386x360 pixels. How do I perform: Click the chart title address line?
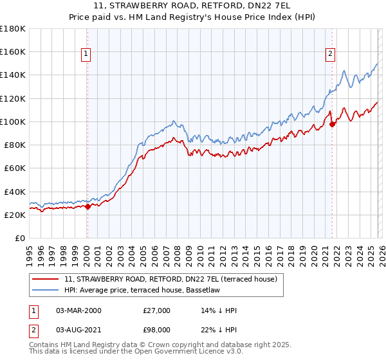click(x=193, y=6)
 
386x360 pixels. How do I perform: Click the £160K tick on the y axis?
click(x=13, y=51)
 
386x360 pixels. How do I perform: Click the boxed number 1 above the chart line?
click(x=86, y=55)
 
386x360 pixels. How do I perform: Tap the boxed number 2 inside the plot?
click(x=330, y=55)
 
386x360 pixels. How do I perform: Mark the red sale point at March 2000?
click(x=88, y=206)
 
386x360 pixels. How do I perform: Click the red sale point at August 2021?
click(x=332, y=124)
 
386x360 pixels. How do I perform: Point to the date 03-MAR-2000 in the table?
click(x=79, y=310)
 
